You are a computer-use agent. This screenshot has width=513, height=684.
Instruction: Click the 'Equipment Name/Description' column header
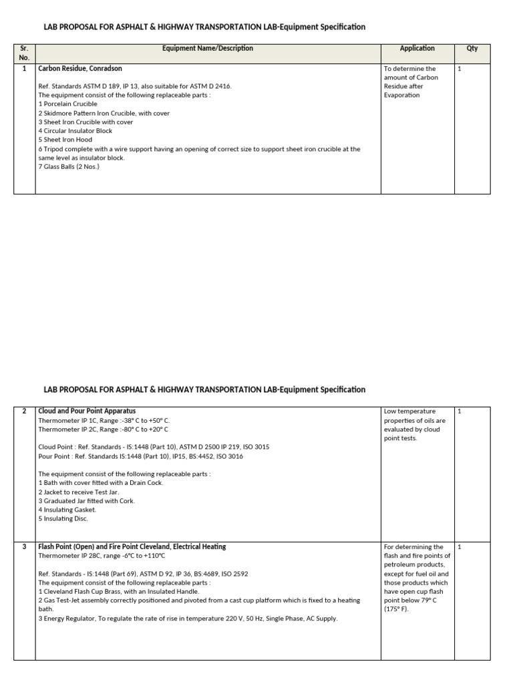click(208, 48)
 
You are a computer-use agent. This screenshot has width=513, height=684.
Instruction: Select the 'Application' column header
click(417, 48)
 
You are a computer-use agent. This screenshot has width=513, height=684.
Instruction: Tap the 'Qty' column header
click(472, 48)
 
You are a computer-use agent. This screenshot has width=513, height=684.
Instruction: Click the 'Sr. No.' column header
click(24, 53)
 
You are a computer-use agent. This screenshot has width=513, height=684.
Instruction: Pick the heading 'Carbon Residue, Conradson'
click(80, 68)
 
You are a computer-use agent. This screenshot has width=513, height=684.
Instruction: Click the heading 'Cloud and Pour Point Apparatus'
click(87, 411)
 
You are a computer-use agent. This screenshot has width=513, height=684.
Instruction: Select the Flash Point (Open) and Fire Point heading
click(132, 546)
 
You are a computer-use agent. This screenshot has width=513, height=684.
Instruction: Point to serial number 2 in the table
click(24, 411)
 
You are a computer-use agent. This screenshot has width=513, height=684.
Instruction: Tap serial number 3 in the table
click(24, 546)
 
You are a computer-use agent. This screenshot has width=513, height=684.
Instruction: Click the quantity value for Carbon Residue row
click(460, 68)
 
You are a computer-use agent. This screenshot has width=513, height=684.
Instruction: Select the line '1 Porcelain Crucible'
click(68, 104)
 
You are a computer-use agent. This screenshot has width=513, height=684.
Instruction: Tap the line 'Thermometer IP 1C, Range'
click(104, 420)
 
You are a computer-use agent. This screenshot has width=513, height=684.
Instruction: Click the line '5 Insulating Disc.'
click(63, 518)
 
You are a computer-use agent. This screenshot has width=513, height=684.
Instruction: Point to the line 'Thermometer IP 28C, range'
click(101, 556)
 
